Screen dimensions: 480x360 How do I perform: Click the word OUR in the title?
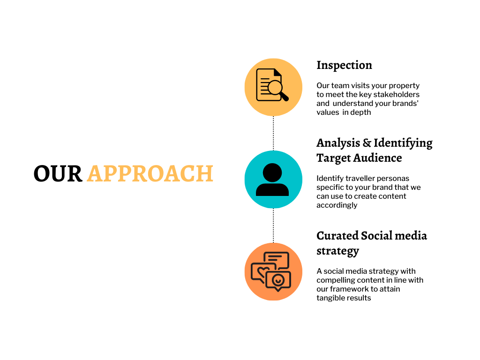click(58, 173)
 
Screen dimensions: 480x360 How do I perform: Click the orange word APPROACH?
click(150, 173)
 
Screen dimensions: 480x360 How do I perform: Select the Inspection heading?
click(345, 65)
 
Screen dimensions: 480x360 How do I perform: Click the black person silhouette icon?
click(272, 180)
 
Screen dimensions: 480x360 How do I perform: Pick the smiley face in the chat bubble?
click(278, 280)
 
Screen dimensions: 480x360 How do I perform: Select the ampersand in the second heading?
click(367, 143)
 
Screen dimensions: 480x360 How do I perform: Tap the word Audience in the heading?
click(378, 158)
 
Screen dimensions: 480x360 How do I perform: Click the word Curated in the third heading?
click(337, 236)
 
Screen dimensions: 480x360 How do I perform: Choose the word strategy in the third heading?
click(337, 251)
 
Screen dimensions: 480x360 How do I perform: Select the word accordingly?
click(337, 205)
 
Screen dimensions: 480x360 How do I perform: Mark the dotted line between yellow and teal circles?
click(273, 134)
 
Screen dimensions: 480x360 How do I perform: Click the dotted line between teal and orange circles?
click(273, 225)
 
